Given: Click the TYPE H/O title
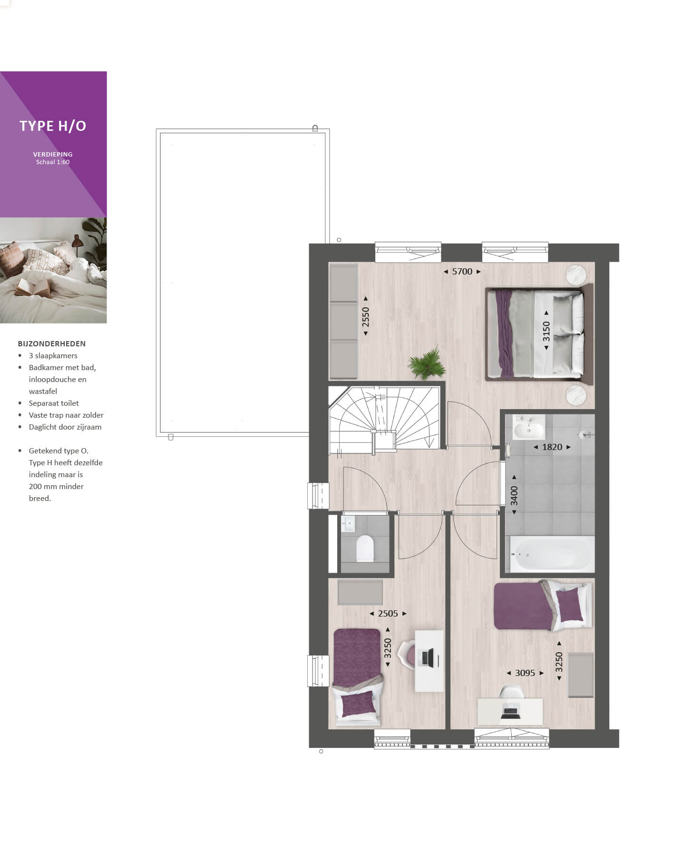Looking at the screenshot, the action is click(x=53, y=126).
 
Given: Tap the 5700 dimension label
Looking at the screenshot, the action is click(x=462, y=272).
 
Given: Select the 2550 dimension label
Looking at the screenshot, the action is click(x=365, y=316).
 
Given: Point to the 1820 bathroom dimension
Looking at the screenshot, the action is click(x=552, y=447).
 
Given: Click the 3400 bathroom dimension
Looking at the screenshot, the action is click(x=514, y=495).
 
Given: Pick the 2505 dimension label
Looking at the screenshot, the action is click(x=388, y=614).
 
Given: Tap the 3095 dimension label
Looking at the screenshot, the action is click(x=525, y=673).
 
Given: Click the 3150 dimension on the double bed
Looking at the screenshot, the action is click(x=546, y=331).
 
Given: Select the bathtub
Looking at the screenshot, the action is click(x=552, y=554).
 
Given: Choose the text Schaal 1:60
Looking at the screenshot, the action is click(x=53, y=162).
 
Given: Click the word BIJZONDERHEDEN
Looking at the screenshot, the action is click(x=52, y=343).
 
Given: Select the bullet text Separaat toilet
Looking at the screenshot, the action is click(x=54, y=403).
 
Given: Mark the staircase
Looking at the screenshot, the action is click(x=384, y=418).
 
